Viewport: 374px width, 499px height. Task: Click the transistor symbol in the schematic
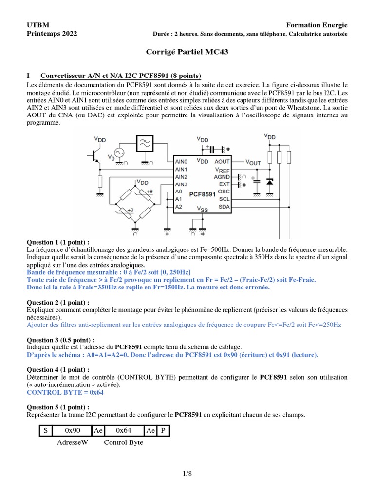[x=94, y=154]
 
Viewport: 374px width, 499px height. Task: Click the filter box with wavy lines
[x=145, y=143]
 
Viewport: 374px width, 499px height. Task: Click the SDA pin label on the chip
[x=224, y=207]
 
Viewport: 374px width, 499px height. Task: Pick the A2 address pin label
[x=178, y=207]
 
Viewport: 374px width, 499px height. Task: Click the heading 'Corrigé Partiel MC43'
[x=187, y=51]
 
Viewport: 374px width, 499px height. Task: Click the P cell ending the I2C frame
[x=163, y=431]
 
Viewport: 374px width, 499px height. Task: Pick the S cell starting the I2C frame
[x=45, y=431]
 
